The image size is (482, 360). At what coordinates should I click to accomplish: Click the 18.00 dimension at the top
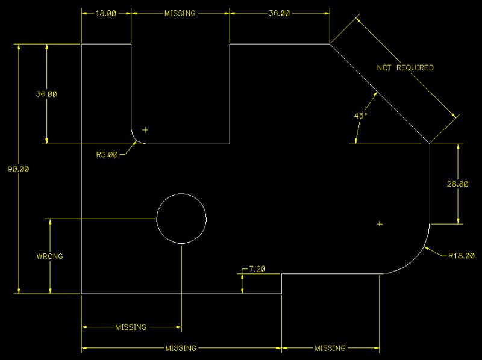tap(107, 13)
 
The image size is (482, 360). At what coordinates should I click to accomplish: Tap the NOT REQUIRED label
tap(405, 68)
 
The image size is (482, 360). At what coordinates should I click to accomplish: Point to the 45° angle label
tap(360, 116)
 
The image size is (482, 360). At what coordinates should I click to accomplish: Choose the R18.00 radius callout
tap(462, 255)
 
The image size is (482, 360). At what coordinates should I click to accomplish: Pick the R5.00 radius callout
tap(107, 154)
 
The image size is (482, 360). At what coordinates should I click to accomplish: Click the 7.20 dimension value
tap(257, 269)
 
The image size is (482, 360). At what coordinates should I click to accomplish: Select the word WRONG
tap(49, 256)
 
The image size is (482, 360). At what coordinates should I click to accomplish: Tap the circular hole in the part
tap(181, 218)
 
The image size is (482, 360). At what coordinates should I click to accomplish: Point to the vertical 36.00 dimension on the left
tap(46, 94)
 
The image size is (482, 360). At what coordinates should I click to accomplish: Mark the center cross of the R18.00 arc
tap(380, 224)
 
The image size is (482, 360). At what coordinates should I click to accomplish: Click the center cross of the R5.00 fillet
tap(145, 130)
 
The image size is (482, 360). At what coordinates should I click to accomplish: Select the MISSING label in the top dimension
tap(180, 13)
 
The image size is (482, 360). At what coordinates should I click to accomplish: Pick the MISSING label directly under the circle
tap(131, 327)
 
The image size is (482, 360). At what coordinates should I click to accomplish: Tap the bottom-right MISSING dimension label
tap(330, 348)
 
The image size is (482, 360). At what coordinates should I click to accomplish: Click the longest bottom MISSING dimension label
tap(181, 348)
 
